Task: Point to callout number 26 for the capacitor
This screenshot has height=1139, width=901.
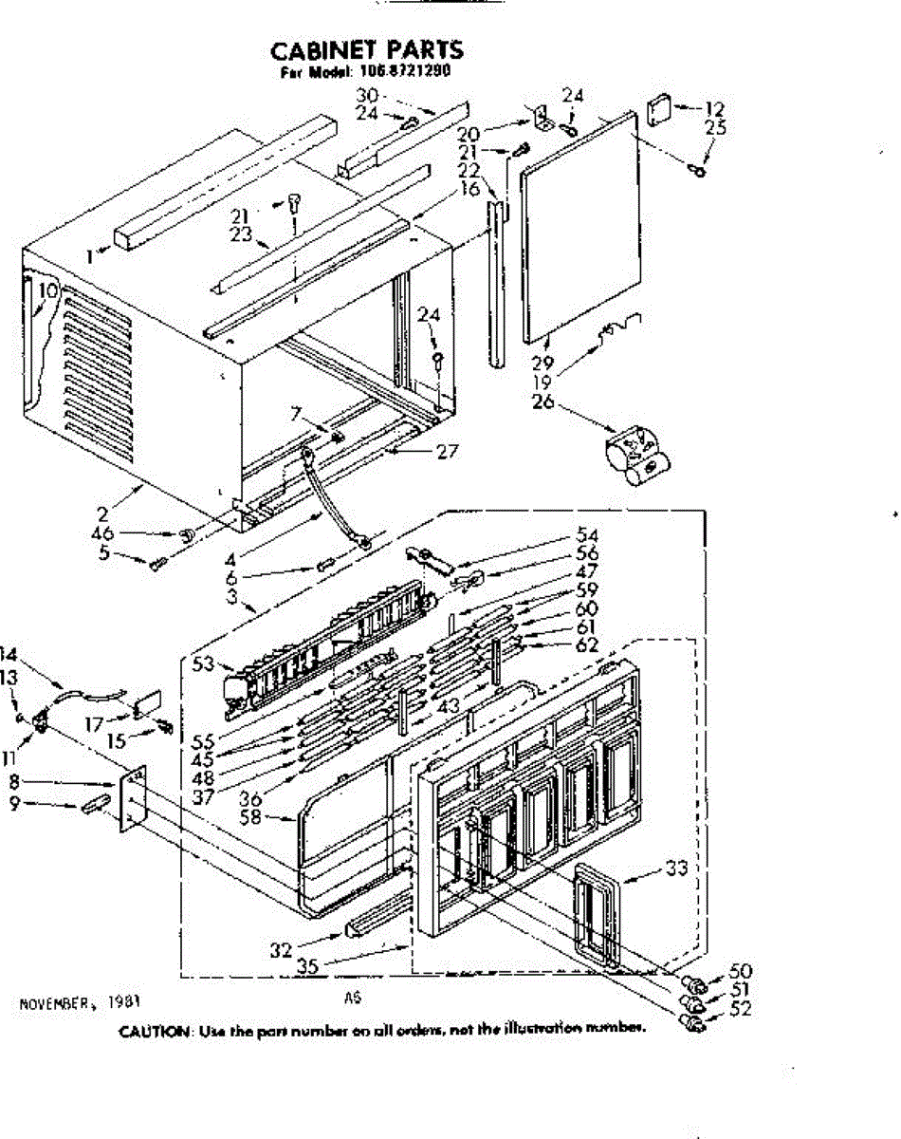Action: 542,401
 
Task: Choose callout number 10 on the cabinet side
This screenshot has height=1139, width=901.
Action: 47,290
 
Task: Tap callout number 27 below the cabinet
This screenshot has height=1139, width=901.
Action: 447,451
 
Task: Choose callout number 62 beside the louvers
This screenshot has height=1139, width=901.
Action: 587,645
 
